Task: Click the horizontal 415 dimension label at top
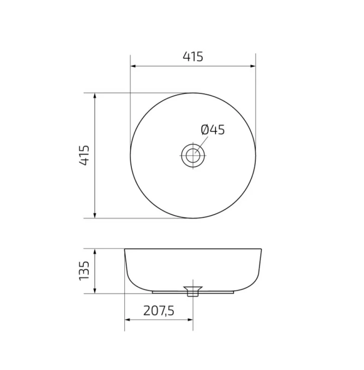point(193,56)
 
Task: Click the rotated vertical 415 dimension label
point(84,155)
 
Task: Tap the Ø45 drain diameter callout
point(213,130)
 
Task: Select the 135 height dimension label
point(84,270)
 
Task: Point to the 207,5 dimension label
point(159,311)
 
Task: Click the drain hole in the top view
point(193,156)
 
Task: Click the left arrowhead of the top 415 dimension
point(133,66)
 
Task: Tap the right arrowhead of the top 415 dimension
point(253,66)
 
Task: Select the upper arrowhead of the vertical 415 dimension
point(95,96)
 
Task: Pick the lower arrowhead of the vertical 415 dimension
point(95,215)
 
